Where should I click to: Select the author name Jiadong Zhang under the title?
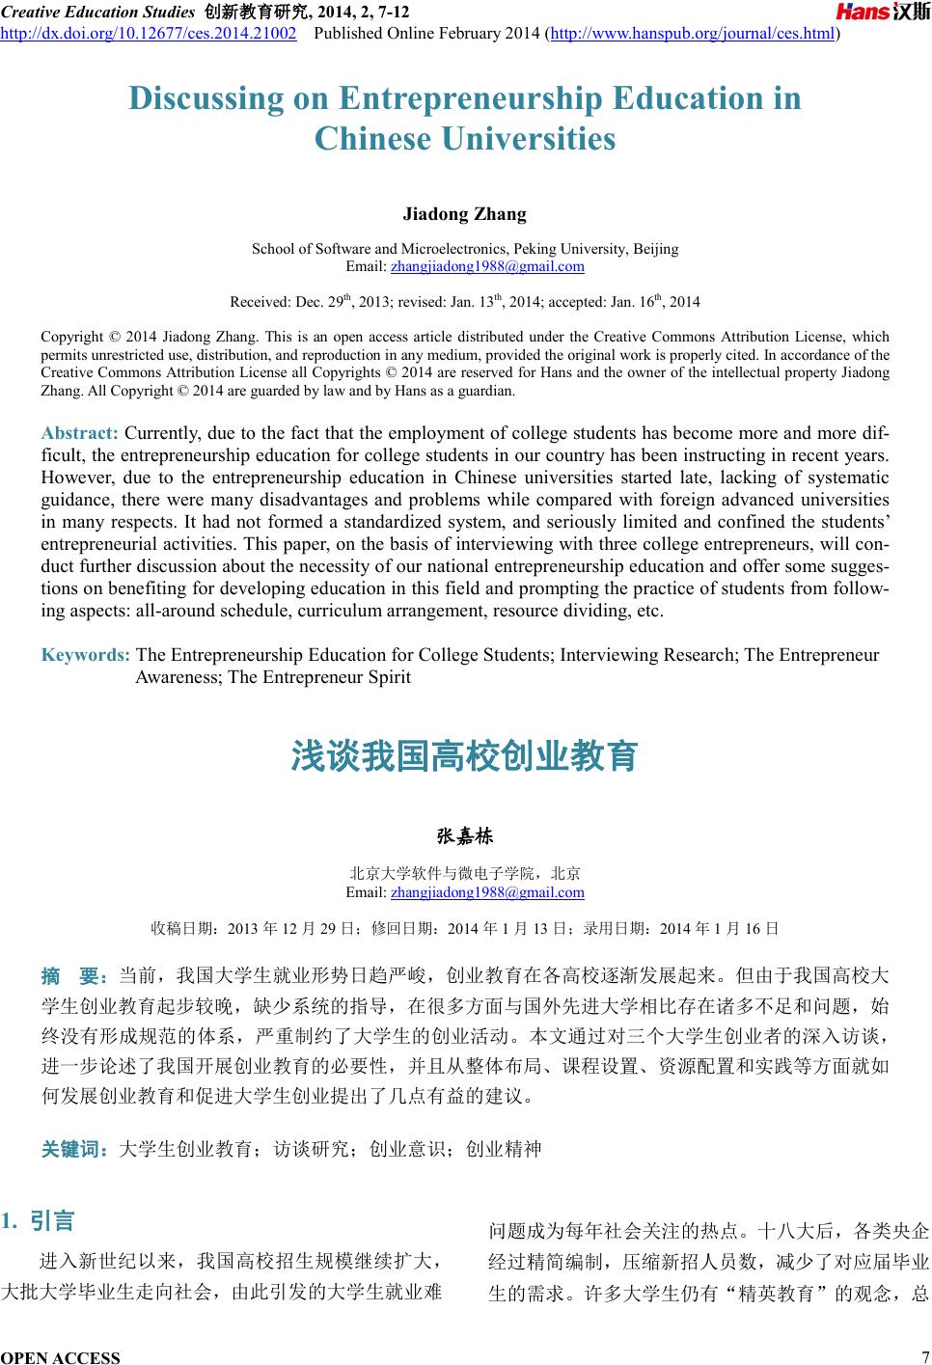coord(464,213)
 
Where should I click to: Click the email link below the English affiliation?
coord(487,266)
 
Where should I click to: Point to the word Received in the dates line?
coord(260,302)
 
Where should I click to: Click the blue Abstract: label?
coord(80,431)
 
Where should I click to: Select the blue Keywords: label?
coord(86,656)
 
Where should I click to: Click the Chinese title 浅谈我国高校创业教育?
coord(465,756)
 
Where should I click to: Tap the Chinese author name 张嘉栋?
coord(465,835)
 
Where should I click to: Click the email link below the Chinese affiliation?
coord(487,892)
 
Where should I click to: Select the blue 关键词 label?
coord(74,1149)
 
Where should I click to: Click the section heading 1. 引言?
coord(40,1221)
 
